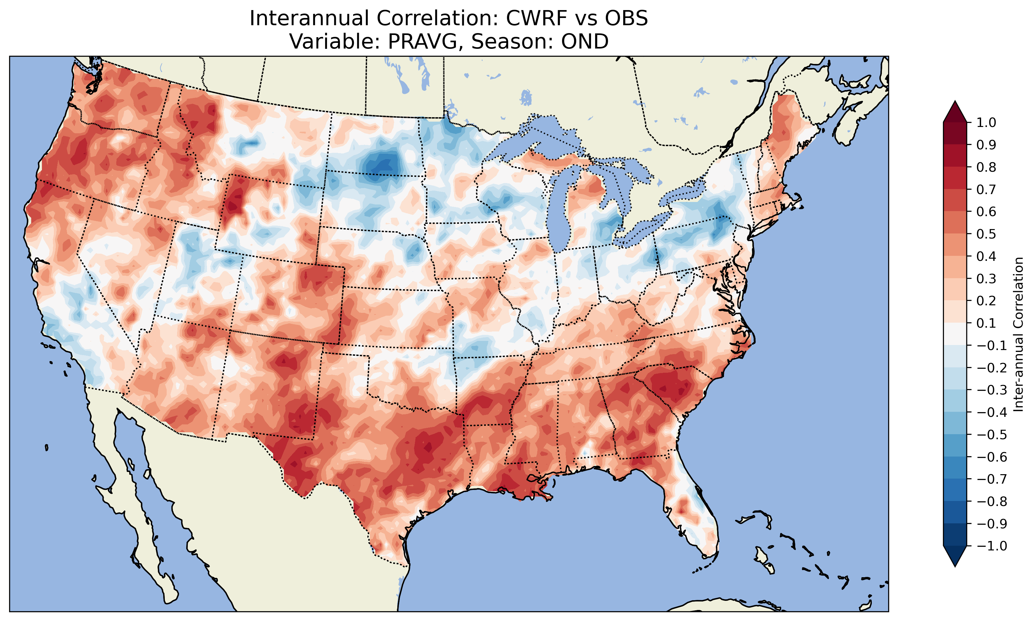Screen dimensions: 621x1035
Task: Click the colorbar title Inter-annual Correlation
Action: [x=1018, y=334]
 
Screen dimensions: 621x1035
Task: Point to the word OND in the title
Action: [x=584, y=41]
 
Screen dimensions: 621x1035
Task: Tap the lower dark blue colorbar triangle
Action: [x=955, y=556]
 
